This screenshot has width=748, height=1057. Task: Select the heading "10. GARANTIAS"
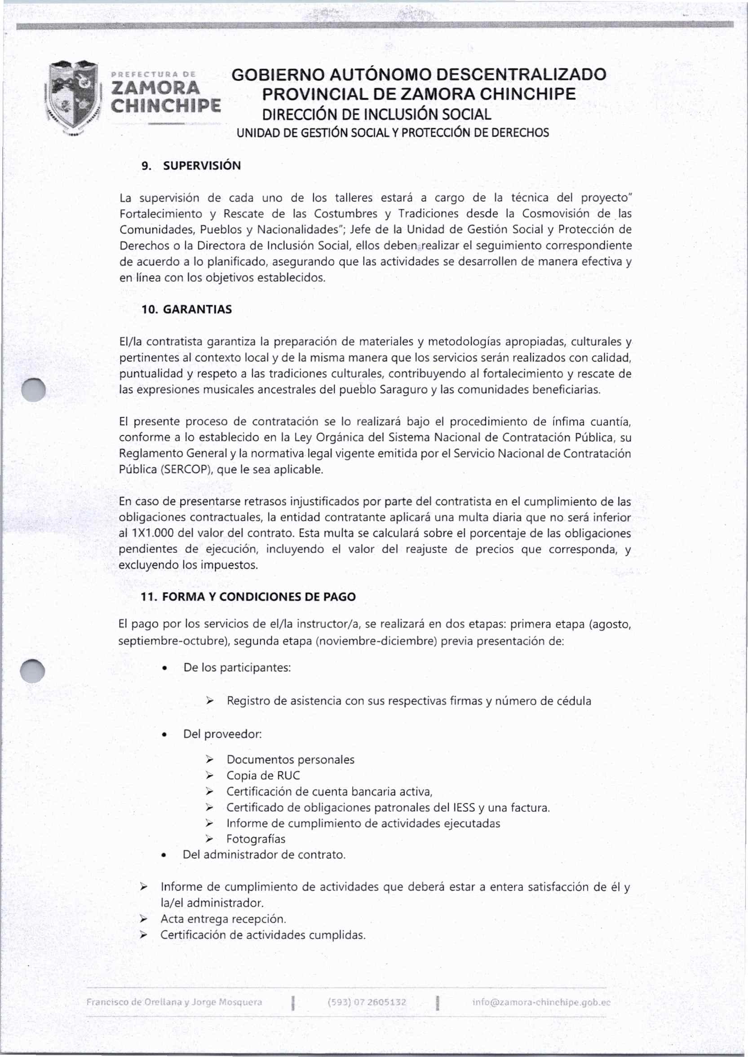click(186, 309)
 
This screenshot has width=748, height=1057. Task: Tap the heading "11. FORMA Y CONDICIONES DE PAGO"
click(248, 597)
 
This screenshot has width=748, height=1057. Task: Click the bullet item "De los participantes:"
click(237, 667)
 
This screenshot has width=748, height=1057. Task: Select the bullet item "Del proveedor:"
click(222, 733)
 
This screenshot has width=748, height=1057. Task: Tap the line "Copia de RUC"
click(263, 775)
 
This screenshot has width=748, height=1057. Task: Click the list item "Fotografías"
click(256, 839)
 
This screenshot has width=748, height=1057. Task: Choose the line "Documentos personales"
click(290, 759)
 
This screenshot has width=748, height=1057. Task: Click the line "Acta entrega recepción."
click(223, 919)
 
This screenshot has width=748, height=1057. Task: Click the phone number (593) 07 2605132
click(367, 1002)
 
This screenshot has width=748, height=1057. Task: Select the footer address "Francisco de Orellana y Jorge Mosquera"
click(174, 1002)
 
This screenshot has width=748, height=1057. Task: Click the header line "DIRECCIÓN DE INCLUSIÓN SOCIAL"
click(376, 114)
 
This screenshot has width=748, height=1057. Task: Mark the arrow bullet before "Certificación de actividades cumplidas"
click(144, 935)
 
